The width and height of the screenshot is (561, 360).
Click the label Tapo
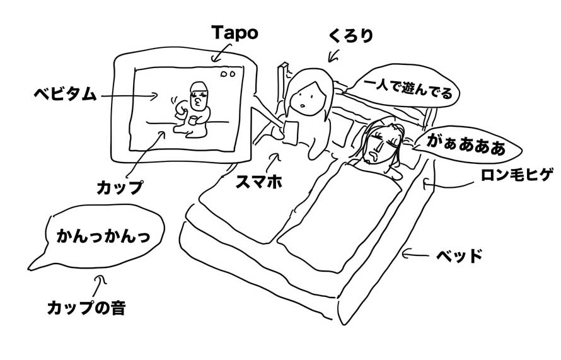pyautogui.click(x=234, y=33)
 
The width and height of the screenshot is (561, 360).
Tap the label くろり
pyautogui.click(x=351, y=36)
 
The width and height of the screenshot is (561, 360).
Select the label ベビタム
pyautogui.click(x=65, y=94)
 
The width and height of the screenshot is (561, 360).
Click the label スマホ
pyautogui.click(x=258, y=182)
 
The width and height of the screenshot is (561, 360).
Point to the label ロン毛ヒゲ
pyautogui.click(x=517, y=175)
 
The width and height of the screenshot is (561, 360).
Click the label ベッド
pyautogui.click(x=460, y=256)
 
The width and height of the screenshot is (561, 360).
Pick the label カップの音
pyautogui.click(x=86, y=308)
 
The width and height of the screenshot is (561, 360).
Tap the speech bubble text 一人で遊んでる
pyautogui.click(x=408, y=89)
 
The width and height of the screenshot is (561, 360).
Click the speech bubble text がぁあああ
pyautogui.click(x=466, y=146)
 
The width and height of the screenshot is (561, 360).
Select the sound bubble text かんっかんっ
pyautogui.click(x=103, y=236)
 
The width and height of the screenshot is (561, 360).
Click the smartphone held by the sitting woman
pyautogui.click(x=291, y=132)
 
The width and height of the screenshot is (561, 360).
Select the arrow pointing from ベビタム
pyautogui.click(x=129, y=96)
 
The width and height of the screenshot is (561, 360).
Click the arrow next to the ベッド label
pyautogui.click(x=415, y=255)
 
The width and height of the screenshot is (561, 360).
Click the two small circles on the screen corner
pyautogui.click(x=228, y=74)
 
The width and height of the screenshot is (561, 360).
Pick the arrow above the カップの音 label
pyautogui.click(x=99, y=286)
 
